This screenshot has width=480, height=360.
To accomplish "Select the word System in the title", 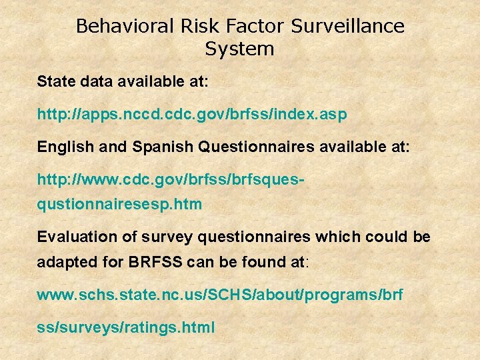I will coord(239,49).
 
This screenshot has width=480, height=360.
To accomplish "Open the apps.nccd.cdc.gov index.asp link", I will coord(192,115).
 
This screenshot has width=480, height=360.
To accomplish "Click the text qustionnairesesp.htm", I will coord(119,204).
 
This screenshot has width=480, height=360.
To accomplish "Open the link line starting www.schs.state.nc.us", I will coord(220,295).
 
